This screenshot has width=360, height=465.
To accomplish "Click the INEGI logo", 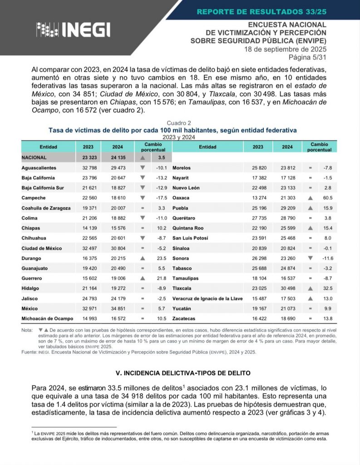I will [x=73, y=30].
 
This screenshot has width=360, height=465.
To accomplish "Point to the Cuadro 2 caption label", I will [x=179, y=123].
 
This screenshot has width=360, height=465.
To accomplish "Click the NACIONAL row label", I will [x=34, y=158].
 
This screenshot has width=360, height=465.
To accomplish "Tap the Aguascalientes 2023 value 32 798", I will [x=88, y=168].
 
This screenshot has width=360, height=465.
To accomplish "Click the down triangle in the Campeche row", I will [x=143, y=198].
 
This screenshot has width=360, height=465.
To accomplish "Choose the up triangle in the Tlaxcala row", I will [x=311, y=288].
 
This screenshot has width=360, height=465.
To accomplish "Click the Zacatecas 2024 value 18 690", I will [x=287, y=319].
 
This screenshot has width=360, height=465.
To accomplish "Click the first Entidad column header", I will [x=48, y=147].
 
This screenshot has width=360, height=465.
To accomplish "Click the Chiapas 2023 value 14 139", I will [x=88, y=228].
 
